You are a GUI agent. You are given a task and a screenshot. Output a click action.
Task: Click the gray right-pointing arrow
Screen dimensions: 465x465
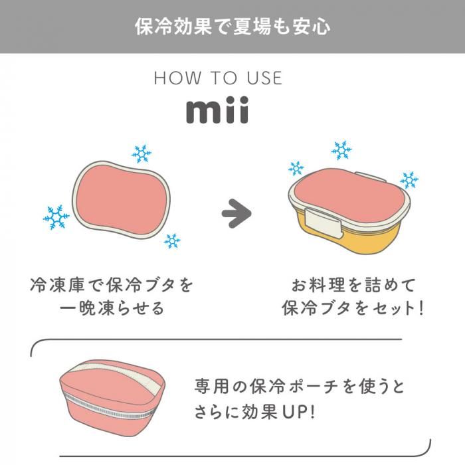tap(236, 214)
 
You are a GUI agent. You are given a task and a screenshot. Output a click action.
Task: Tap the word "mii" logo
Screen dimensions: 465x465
tap(217, 111)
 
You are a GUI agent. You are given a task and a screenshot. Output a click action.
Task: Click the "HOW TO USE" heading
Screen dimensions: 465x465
tap(218, 78)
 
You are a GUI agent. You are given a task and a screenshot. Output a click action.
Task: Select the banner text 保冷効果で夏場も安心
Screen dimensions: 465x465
tap(232, 27)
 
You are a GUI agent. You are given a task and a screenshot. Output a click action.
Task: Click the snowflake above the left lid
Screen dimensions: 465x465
tap(141, 154)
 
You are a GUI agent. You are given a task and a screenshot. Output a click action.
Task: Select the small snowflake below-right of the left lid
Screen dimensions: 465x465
tap(172, 240)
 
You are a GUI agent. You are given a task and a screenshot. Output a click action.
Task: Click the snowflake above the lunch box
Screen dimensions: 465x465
tap(341, 150)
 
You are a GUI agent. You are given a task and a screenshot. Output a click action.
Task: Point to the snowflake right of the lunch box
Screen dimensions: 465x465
tap(409, 179)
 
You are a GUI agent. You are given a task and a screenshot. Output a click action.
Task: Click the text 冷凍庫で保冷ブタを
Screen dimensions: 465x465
tap(112, 286)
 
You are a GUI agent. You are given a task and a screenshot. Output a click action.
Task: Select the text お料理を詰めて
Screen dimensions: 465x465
tap(353, 286)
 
